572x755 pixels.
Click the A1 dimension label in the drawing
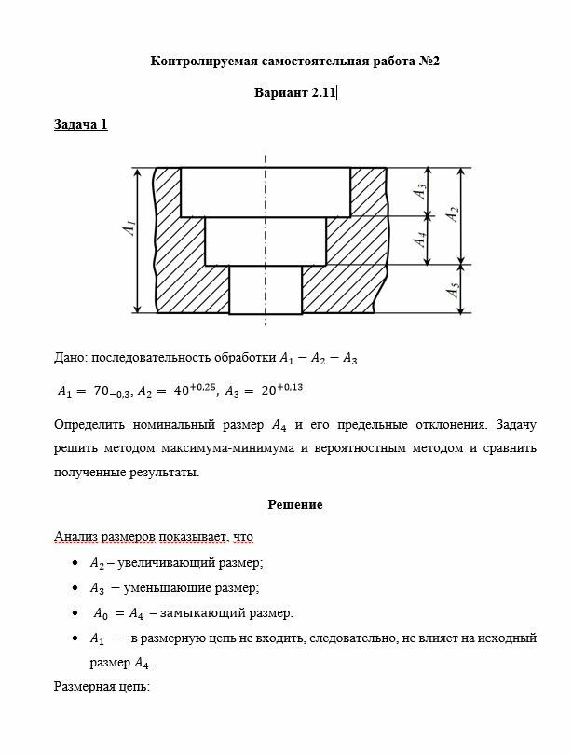click(x=129, y=227)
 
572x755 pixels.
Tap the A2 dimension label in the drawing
click(x=452, y=213)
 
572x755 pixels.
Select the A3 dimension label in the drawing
click(x=421, y=191)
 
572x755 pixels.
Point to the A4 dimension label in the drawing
click(x=421, y=240)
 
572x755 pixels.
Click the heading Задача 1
click(x=80, y=124)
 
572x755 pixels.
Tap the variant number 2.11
click(x=320, y=92)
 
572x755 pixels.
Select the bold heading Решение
click(x=295, y=505)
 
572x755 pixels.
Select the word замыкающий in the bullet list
click(x=186, y=613)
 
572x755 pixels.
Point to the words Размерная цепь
click(x=102, y=688)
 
